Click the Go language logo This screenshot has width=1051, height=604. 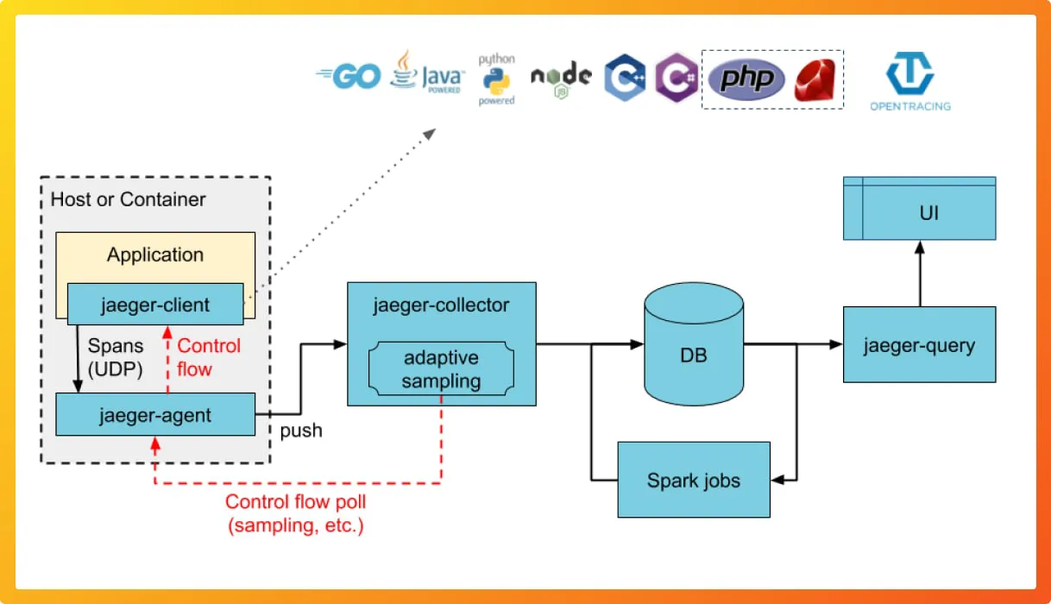[x=349, y=78]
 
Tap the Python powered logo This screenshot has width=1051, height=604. [x=496, y=79]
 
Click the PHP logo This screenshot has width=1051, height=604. [x=746, y=79]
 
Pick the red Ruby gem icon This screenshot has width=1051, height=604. [x=816, y=80]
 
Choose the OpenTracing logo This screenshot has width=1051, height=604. [x=910, y=81]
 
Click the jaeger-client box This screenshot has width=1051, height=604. [x=155, y=305]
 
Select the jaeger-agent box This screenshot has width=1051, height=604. [x=155, y=415]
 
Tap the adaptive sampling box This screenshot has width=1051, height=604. [x=441, y=369]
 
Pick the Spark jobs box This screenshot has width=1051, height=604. [x=694, y=481]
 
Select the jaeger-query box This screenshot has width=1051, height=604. [x=919, y=345]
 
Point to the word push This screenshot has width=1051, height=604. [x=301, y=431]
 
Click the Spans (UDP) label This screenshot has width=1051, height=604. [x=116, y=357]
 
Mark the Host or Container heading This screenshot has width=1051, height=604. [x=129, y=199]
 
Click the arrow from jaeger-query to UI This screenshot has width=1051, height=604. [x=919, y=273]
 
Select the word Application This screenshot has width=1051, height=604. [x=155, y=255]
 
